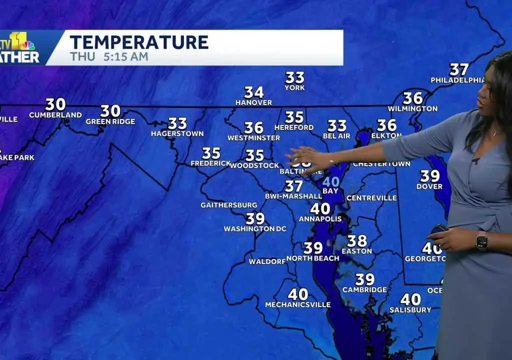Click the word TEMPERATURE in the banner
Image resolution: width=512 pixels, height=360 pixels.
pyautogui.click(x=139, y=42)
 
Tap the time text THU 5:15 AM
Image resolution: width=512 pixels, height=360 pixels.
pyautogui.click(x=109, y=56)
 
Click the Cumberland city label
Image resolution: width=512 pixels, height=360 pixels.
pyautogui.click(x=55, y=115)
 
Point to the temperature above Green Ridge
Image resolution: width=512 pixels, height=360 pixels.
pyautogui.click(x=110, y=110)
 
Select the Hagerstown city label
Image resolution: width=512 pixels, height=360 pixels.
pyautogui.click(x=177, y=133)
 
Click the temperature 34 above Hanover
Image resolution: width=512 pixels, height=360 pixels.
pyautogui.click(x=254, y=92)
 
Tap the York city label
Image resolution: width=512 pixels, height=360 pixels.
pyautogui.click(x=294, y=88)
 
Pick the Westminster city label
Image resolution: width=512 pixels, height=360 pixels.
pyautogui.click(x=253, y=138)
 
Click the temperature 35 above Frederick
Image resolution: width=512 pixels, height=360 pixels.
pyautogui.click(x=211, y=153)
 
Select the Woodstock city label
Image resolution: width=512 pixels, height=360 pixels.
pyautogui.click(x=254, y=165)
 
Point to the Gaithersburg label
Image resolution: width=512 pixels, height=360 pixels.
pyautogui.click(x=229, y=205)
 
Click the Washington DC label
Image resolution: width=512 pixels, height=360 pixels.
pyautogui.click(x=255, y=229)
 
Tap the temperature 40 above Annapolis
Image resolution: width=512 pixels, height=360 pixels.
pyautogui.click(x=320, y=208)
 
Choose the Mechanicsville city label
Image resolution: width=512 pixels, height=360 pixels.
pyautogui.click(x=297, y=304)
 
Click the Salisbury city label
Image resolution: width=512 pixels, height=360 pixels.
pyautogui.click(x=410, y=310)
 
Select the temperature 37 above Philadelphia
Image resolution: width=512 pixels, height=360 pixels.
pyautogui.click(x=459, y=69)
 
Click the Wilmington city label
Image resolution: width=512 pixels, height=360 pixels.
pyautogui.click(x=412, y=108)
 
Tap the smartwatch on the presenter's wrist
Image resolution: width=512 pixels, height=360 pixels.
pyautogui.click(x=481, y=241)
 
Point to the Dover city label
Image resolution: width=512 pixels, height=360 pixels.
pyautogui.click(x=429, y=186)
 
